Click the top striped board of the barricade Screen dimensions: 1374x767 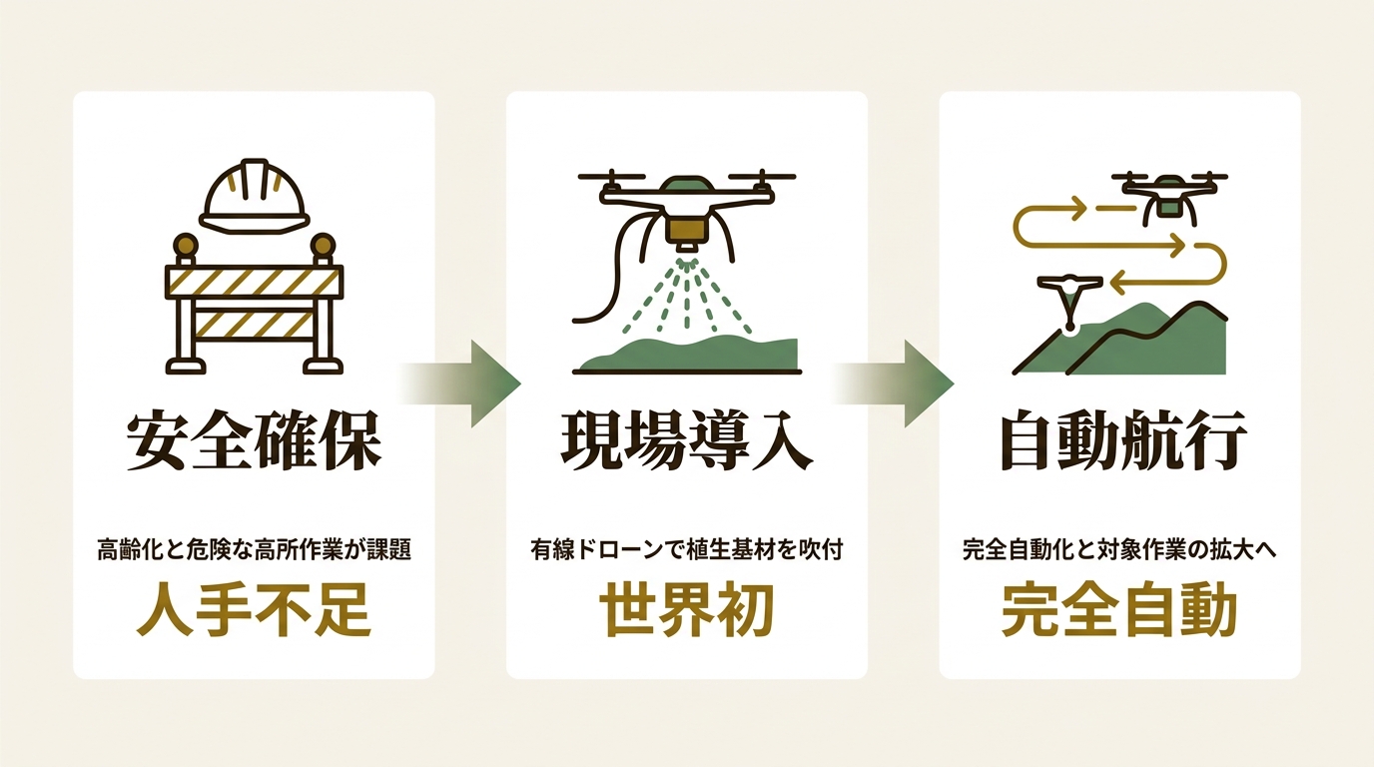[x=254, y=282]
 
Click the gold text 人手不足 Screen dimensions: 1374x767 [x=254, y=610]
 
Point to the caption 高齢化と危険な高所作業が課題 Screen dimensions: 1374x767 [x=254, y=550]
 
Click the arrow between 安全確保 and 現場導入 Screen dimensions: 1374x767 [x=460, y=384]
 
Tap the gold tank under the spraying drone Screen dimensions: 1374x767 [x=686, y=229]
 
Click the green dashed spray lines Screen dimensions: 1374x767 [x=686, y=295]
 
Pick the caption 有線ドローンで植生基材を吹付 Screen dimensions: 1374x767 [x=687, y=550]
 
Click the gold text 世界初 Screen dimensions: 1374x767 [x=687, y=610]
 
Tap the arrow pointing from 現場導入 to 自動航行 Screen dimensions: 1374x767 [x=893, y=384]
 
